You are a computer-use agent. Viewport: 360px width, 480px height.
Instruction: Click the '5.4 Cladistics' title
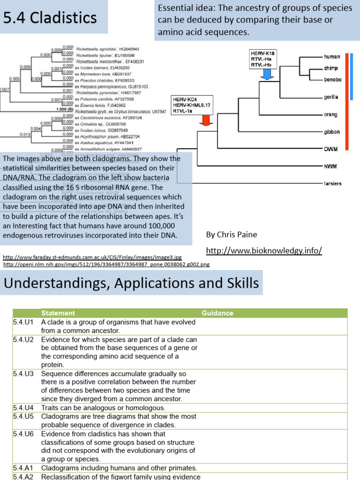[x=50, y=18]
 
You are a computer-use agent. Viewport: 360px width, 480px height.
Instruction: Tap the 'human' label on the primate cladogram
[x=331, y=56]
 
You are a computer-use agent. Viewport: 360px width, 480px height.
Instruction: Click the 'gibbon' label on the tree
[x=332, y=132]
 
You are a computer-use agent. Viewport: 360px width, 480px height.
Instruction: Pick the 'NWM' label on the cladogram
[x=330, y=166]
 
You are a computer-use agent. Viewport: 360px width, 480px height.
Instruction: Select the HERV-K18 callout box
[x=263, y=59]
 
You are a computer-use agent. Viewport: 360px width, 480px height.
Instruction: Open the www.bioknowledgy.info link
[x=264, y=251]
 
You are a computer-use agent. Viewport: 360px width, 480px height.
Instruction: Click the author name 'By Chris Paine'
[x=232, y=234]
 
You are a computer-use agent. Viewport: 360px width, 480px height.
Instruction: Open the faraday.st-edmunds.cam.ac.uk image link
[x=92, y=257]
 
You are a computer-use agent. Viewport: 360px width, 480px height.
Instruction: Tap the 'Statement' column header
[x=58, y=313]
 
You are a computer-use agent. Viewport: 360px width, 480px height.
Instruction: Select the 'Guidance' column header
[x=217, y=313]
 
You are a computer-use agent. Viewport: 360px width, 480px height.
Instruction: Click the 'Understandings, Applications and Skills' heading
[x=131, y=283]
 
